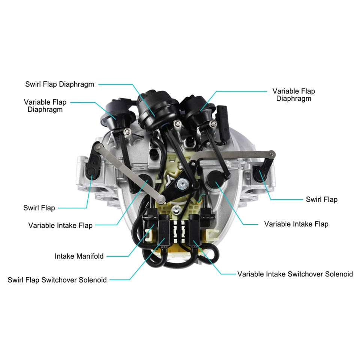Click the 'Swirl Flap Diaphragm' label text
[x=60, y=84]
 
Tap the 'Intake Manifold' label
[x=79, y=256]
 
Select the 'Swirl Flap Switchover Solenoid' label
[x=57, y=280]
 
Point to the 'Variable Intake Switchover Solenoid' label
[x=295, y=274]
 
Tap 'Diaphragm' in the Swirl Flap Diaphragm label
[x=76, y=84]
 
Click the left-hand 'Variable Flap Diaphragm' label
[x=45, y=106]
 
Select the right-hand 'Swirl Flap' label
[x=321, y=199]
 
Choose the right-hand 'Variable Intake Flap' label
[x=296, y=224]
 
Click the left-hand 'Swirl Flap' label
[x=39, y=208]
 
